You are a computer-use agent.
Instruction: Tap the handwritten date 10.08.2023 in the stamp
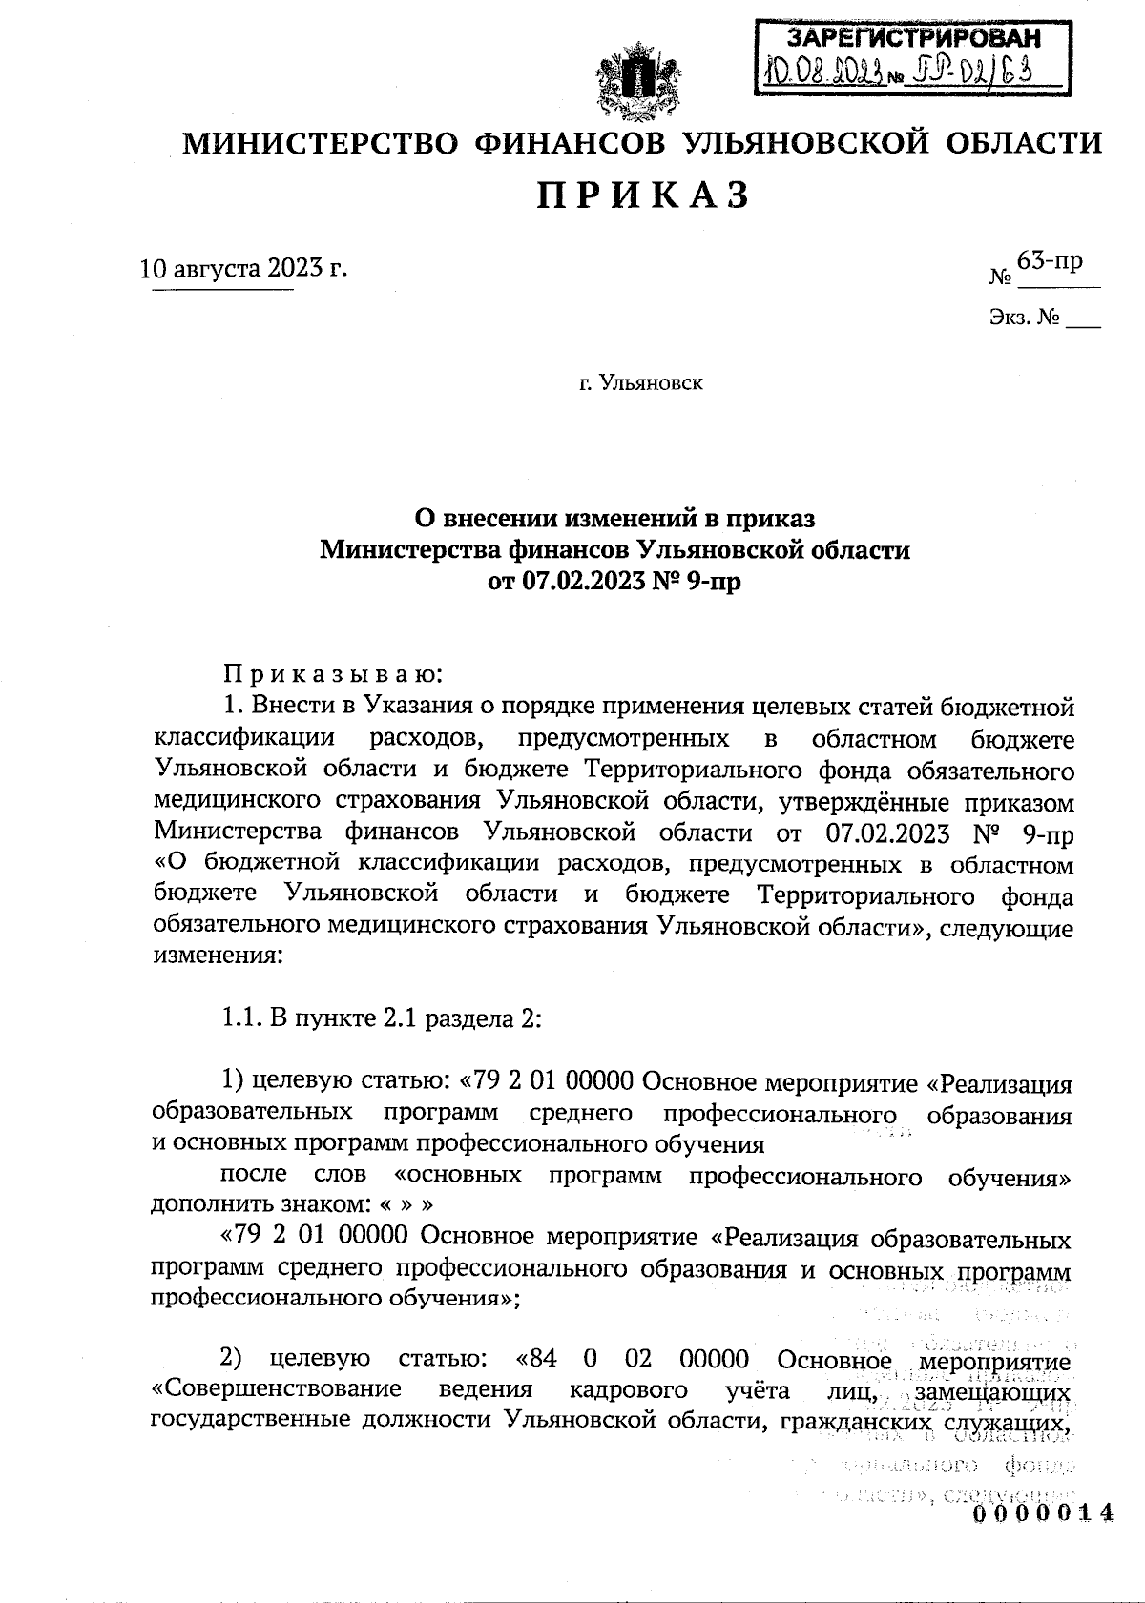(823, 72)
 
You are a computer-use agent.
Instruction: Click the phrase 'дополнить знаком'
(253, 1205)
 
